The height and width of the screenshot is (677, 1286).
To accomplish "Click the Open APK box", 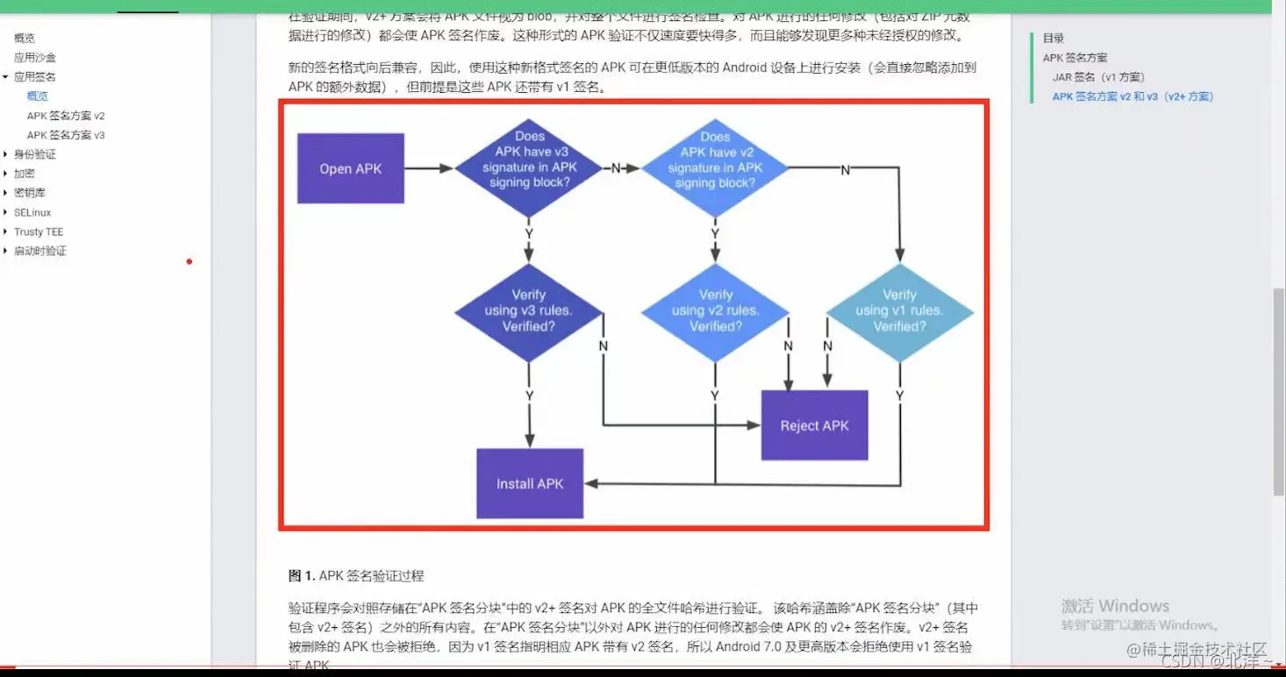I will click(x=351, y=168).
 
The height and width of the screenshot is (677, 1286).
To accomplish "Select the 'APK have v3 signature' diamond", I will click(x=528, y=167).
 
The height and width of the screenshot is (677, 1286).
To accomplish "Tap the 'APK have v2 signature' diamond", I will click(x=715, y=167).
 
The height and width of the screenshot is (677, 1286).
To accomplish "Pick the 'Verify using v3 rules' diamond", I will click(x=528, y=311).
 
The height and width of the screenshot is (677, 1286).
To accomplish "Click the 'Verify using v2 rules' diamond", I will click(x=715, y=311).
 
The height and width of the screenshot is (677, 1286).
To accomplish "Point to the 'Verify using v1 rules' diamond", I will click(x=899, y=311).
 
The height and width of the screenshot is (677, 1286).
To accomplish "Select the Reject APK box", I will click(x=814, y=425).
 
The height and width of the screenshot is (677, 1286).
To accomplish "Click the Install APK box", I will click(x=530, y=483).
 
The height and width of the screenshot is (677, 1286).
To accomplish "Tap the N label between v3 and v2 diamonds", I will click(x=616, y=168).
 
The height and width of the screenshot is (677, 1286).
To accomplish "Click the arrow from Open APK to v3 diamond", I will click(x=430, y=168).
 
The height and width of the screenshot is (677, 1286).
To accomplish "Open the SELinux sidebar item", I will click(x=32, y=212).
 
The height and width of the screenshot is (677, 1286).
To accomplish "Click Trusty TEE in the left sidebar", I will click(x=39, y=232).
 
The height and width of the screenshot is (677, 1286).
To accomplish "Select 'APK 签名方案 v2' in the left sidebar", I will click(x=66, y=116).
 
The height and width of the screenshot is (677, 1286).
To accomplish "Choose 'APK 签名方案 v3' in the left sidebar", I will click(x=66, y=135).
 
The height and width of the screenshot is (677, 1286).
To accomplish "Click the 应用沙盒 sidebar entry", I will click(x=35, y=58).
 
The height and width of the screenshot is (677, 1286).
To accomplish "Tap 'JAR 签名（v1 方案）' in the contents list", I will click(x=1098, y=77).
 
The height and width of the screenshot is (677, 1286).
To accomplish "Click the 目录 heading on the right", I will click(x=1054, y=39).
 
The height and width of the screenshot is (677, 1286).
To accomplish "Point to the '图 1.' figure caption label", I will click(x=302, y=576).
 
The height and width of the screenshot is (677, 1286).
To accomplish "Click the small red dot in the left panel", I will click(x=189, y=261).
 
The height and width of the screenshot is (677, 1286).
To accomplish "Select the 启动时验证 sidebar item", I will click(x=40, y=251).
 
